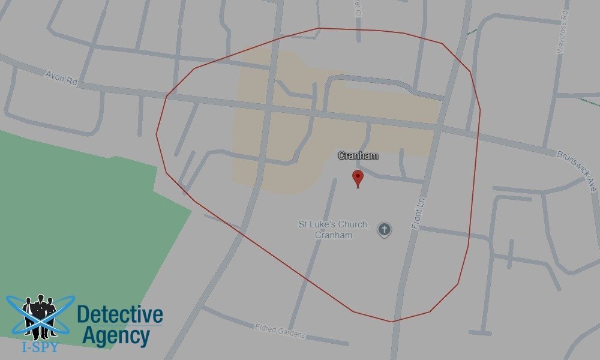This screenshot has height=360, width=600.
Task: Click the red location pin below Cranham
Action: [x=358, y=178]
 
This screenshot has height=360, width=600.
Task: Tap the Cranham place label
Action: [x=358, y=156]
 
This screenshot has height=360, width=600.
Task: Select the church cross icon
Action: [x=385, y=229]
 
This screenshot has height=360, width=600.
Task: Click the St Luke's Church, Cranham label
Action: [x=334, y=230]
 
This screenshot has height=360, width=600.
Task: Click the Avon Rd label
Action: [x=62, y=78]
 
